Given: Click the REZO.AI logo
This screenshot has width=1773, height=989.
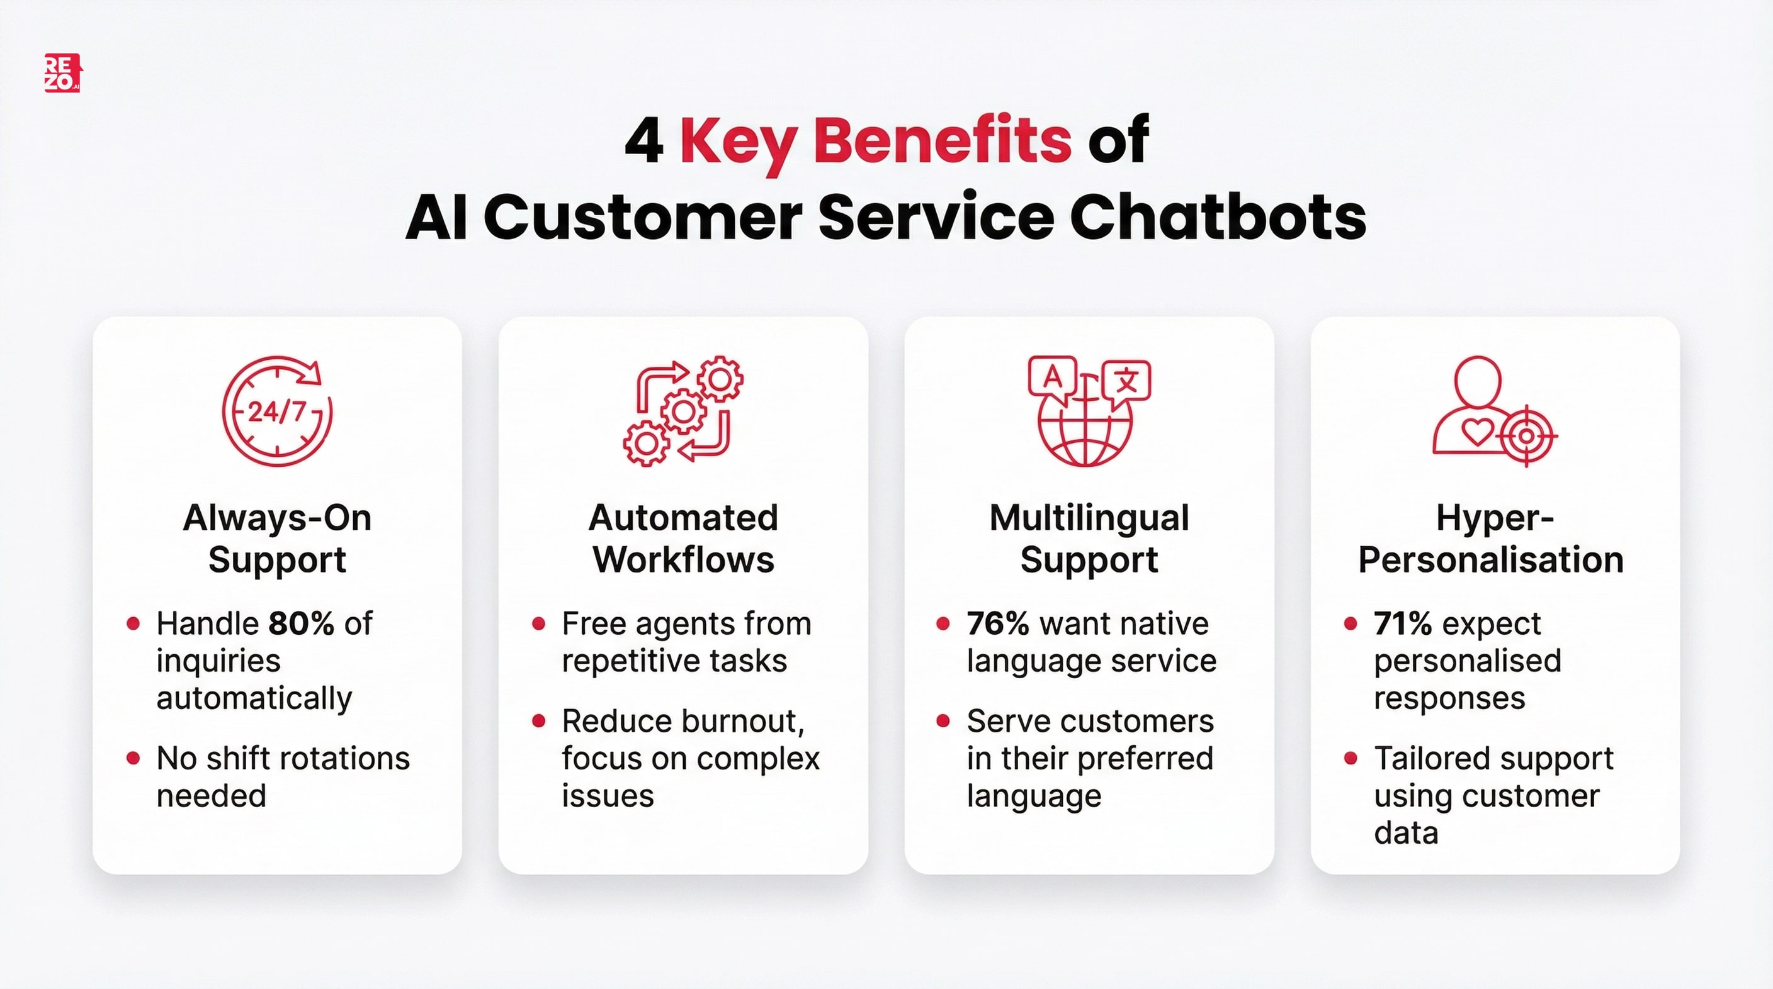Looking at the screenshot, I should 62,73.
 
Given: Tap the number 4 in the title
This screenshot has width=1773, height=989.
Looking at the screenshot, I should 643,140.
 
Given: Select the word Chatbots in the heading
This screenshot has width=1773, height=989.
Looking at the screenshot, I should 1217,217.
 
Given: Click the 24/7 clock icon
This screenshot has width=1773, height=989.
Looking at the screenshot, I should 276,411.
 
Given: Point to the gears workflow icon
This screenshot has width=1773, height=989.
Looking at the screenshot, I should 683,411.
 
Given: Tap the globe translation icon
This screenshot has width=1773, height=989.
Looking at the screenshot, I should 1088,411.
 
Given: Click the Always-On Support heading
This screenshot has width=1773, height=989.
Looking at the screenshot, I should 276,539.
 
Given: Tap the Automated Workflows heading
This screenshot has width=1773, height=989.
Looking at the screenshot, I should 683,539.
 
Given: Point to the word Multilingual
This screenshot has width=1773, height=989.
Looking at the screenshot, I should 1089,518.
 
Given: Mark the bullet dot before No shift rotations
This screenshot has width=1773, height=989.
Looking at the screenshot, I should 133,759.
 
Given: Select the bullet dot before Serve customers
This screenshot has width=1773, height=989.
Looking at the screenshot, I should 943,722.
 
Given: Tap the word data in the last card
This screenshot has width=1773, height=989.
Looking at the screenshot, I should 1405,833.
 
